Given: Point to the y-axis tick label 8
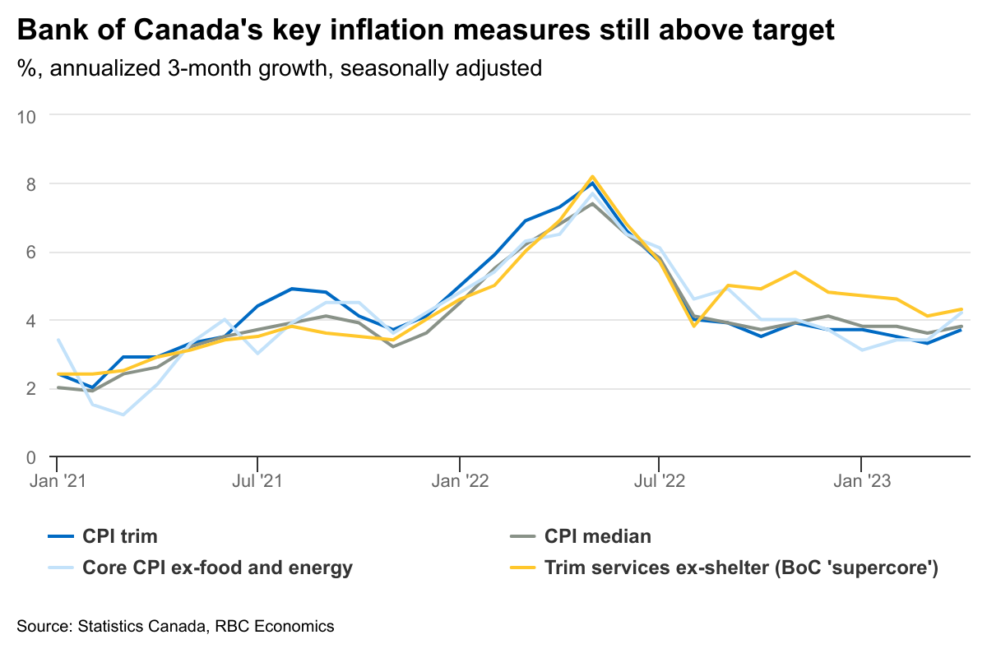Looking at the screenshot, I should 32,184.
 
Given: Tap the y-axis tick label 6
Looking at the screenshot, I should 32,253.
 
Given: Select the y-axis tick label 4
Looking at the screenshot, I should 32,321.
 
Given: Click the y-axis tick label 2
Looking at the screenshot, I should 32,388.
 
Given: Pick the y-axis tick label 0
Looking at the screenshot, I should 32,456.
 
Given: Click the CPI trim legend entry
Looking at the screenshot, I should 119,537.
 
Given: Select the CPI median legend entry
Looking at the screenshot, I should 597,537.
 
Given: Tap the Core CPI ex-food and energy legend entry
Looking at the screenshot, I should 217,568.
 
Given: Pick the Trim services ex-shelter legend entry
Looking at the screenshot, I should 741,568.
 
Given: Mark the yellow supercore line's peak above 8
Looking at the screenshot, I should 592,176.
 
